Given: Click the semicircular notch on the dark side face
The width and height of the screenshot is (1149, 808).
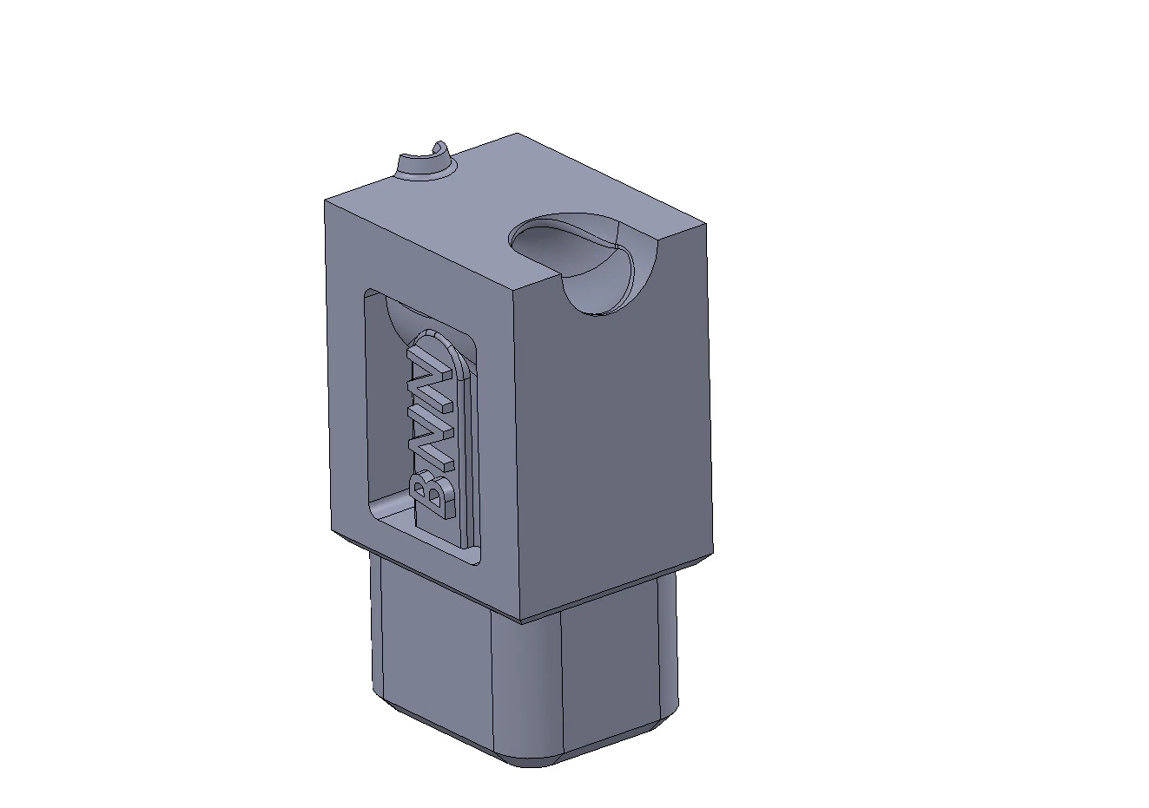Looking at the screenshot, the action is tap(605, 288).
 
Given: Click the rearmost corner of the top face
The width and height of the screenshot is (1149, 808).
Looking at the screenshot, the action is tap(517, 134).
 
